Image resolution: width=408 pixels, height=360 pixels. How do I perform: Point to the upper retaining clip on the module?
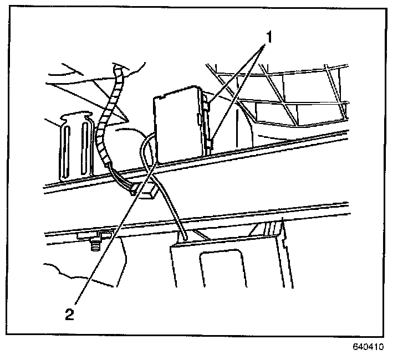coord(207,102)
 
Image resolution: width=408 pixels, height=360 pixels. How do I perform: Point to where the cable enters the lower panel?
coord(182,238)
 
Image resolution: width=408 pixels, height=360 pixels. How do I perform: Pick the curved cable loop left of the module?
coord(145,150)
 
